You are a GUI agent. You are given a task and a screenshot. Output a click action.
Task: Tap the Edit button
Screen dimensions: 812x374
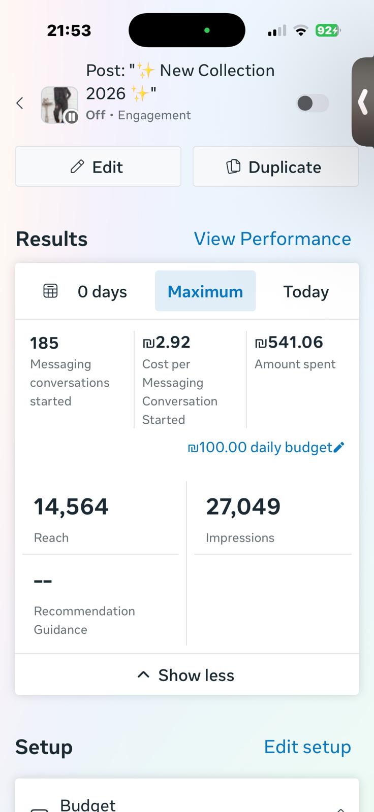(98, 167)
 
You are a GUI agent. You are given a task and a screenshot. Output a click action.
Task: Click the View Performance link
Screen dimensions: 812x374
(272, 239)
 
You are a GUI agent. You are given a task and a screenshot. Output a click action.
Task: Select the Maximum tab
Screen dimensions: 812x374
(205, 291)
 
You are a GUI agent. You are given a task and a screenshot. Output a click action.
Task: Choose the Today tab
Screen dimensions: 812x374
(306, 291)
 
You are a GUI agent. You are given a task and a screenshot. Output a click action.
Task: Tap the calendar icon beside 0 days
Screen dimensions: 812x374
(50, 291)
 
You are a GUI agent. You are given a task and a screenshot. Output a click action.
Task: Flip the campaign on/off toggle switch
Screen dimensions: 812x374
(312, 104)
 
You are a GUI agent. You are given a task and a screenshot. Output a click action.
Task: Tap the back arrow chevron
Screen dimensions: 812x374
(20, 104)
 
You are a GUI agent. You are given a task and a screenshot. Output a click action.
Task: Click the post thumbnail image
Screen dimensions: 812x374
(59, 105)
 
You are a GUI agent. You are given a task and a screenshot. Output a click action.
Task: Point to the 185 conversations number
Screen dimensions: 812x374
(44, 343)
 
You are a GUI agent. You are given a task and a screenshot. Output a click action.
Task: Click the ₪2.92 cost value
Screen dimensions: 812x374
(167, 343)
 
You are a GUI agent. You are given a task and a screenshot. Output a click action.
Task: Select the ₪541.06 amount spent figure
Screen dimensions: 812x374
(289, 343)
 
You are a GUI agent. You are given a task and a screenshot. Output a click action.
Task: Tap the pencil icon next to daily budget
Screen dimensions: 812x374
(339, 447)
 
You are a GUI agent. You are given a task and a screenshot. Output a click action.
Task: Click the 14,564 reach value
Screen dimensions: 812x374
(71, 506)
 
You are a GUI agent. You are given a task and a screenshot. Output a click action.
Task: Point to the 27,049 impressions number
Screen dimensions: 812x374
(243, 506)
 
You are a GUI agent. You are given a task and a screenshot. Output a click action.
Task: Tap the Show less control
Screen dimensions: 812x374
(186, 675)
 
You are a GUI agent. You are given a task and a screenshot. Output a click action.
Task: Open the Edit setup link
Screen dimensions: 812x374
(307, 747)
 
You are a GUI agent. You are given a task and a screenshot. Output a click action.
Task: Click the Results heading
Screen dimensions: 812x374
(51, 239)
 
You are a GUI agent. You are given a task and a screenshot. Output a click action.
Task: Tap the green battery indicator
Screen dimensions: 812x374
(327, 30)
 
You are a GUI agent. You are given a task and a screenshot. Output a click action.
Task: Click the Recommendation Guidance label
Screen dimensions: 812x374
(84, 620)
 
